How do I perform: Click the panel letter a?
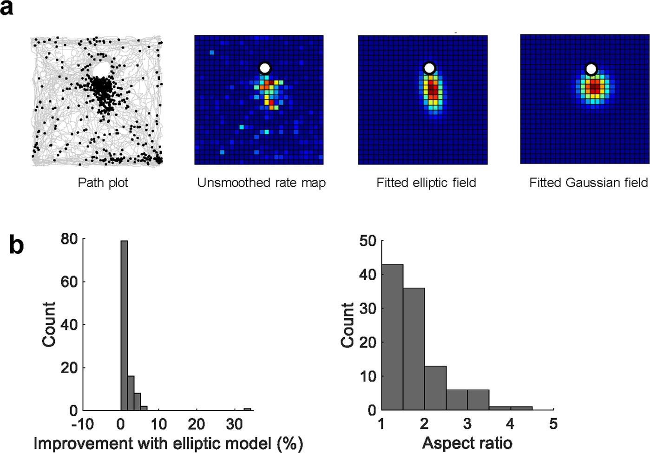coord(7,8)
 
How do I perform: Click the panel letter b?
coord(16,245)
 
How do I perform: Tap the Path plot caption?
coord(103,183)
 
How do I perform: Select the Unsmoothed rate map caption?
coord(261,183)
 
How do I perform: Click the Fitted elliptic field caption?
coord(426,183)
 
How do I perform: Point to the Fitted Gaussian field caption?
coord(588,183)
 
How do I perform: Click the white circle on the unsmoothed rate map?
coord(265,68)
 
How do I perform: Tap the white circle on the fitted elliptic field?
coord(429,68)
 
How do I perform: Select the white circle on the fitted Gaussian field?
coord(591,69)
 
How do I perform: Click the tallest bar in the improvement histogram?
coord(124,325)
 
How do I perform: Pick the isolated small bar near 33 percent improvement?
coord(248,409)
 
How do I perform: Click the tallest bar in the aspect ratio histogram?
coord(392,337)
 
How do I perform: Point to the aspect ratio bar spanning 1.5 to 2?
coord(414,349)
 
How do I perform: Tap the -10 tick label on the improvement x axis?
coord(82,424)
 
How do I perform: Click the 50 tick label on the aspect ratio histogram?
coord(368,241)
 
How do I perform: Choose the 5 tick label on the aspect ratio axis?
coord(553,424)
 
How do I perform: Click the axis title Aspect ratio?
coord(467,443)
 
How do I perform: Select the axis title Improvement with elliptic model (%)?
coord(168,443)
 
